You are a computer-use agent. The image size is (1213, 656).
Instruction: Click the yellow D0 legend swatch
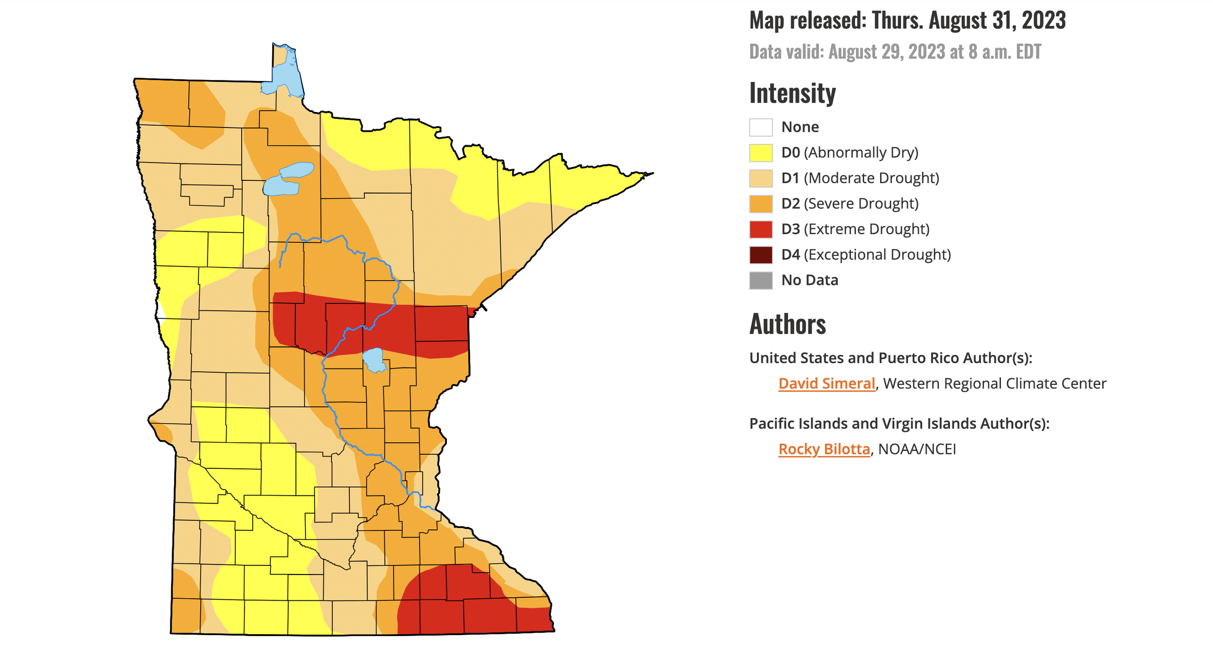tap(760, 153)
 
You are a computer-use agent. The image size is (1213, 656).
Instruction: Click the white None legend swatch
tap(760, 127)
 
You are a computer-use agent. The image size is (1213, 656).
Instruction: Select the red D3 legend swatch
tap(760, 229)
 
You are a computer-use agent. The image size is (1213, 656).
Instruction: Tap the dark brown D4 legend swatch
tap(760, 255)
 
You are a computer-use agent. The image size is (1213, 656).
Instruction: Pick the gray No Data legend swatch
tap(760, 281)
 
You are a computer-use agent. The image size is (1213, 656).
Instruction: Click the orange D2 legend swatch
tap(760, 204)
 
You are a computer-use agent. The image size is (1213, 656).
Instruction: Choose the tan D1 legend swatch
tap(760, 178)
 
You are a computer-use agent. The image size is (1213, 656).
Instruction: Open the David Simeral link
tap(826, 384)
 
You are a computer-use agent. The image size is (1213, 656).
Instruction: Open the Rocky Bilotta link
tap(824, 449)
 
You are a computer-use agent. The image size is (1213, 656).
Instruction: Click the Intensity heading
tap(792, 93)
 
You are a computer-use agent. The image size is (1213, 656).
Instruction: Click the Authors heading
tap(787, 324)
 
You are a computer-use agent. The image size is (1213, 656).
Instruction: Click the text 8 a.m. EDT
tap(1004, 52)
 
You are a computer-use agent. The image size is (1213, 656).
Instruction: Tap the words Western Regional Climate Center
tap(995, 384)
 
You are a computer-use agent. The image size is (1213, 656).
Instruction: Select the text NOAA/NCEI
tap(917, 449)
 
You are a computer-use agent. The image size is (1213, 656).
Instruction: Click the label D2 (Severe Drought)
tap(850, 204)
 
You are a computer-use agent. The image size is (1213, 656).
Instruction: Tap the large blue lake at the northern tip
tap(284, 78)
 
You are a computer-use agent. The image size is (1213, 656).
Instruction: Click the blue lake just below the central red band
tap(374, 360)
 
